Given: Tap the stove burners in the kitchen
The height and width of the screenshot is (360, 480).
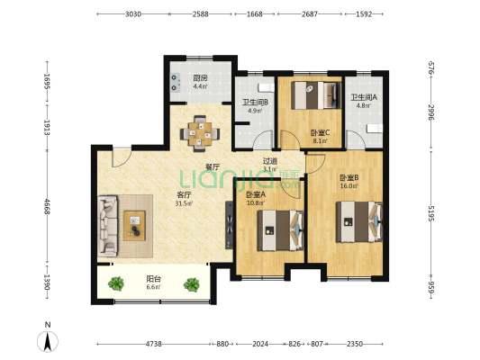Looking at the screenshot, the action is tap(175, 83).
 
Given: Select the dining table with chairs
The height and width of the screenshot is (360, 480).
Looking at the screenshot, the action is tap(200, 134).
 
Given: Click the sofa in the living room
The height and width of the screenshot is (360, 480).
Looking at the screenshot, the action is tap(107, 226).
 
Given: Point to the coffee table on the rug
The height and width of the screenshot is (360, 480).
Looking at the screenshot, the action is tap(134, 226).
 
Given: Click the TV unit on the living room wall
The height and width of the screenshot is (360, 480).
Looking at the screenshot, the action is tap(229, 224).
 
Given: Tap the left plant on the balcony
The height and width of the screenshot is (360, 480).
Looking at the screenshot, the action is tap(116, 283).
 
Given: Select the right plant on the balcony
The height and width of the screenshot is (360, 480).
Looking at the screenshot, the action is tap(192, 284).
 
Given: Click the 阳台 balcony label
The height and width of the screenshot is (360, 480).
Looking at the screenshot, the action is tap(153, 279).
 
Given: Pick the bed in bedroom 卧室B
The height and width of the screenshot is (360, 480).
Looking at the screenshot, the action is tap(359, 221).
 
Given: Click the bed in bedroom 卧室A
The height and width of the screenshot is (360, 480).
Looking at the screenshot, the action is tap(280, 230).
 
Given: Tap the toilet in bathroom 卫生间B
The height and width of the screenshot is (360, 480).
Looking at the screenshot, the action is tap(266, 88).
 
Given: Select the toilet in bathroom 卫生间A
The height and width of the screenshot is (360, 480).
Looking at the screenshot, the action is tap(375, 129).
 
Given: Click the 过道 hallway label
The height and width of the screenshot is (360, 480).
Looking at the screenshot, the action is tap(270, 160).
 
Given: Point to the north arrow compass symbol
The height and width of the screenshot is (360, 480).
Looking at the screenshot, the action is tap(48, 341).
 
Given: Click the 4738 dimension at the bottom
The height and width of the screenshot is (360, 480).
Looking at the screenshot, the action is tap(153, 344).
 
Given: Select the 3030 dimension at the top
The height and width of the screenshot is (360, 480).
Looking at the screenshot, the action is tap(133, 14).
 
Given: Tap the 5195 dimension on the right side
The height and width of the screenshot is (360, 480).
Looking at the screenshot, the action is tap(431, 213).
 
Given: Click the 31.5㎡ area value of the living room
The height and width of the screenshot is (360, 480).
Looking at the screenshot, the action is tap(184, 203).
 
